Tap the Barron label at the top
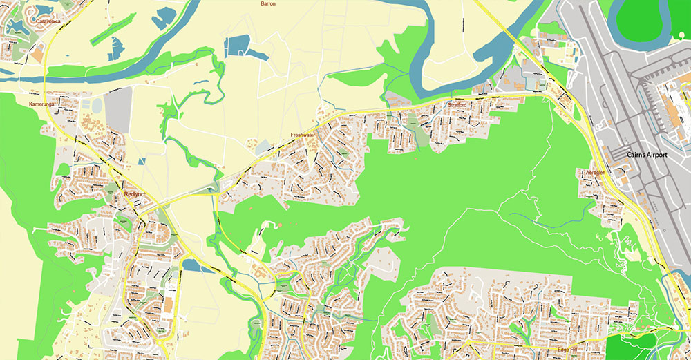[x=267, y=4]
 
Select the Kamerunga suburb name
[x=41, y=104]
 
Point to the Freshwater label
[x=303, y=135]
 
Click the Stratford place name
[x=457, y=105]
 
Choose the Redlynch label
[x=135, y=194]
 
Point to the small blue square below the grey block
[x=142, y=161]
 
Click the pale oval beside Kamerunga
[x=97, y=105]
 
